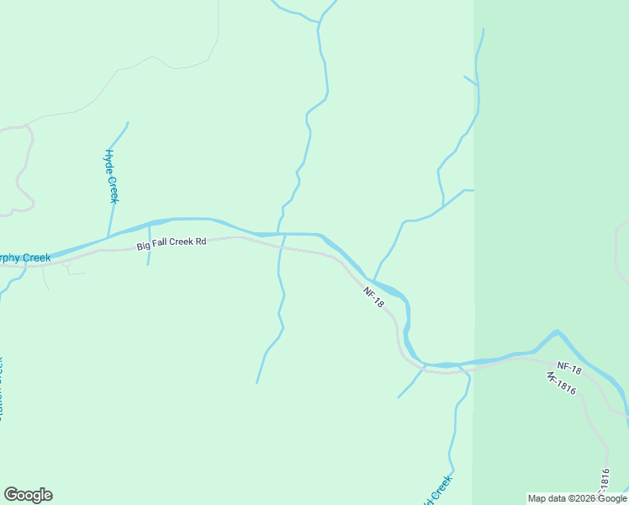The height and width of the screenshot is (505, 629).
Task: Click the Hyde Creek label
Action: (x=110, y=176)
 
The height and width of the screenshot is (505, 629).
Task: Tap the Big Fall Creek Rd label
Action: (x=172, y=243)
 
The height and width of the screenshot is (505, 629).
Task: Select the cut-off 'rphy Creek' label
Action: (x=25, y=258)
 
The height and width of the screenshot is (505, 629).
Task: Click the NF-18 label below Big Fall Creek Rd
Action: (x=373, y=297)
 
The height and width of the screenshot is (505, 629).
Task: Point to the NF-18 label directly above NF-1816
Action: (x=569, y=369)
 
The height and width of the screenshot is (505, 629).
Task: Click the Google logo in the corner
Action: (x=28, y=495)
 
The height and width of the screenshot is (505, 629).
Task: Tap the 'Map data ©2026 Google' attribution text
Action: (x=578, y=498)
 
